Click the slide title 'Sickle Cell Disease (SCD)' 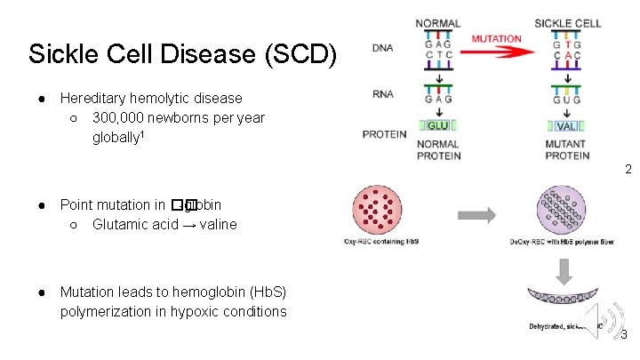[182, 54]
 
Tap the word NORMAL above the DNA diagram [437, 23]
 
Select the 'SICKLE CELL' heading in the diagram [567, 23]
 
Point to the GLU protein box [437, 125]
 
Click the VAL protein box [567, 125]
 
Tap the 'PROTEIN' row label [384, 134]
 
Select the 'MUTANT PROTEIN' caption [567, 149]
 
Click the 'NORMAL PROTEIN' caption [437, 149]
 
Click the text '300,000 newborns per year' [178, 117]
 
